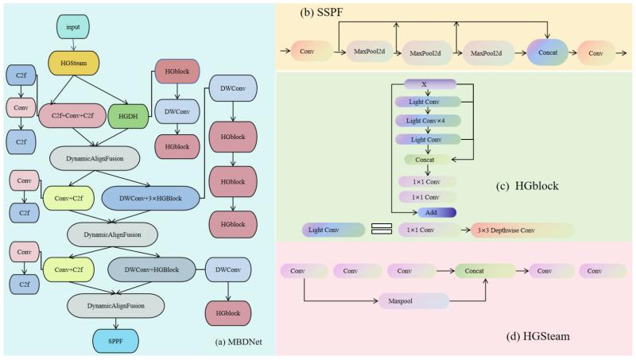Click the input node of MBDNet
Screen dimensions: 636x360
[73, 27]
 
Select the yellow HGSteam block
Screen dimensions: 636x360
[73, 63]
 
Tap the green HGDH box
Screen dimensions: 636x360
[128, 116]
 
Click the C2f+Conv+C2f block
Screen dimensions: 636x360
[72, 115]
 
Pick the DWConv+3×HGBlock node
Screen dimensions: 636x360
[150, 198]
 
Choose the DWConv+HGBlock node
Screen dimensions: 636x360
[152, 269]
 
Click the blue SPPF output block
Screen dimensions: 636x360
[115, 341]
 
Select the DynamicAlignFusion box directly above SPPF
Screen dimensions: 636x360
[115, 306]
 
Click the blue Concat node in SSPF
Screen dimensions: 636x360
[548, 52]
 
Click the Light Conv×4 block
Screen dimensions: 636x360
[428, 121]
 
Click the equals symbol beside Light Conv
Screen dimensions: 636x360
[382, 229]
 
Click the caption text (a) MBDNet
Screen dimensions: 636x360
[238, 342]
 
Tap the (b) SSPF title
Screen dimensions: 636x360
[321, 12]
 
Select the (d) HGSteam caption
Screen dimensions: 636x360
[538, 336]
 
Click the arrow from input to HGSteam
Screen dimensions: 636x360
[73, 45]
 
